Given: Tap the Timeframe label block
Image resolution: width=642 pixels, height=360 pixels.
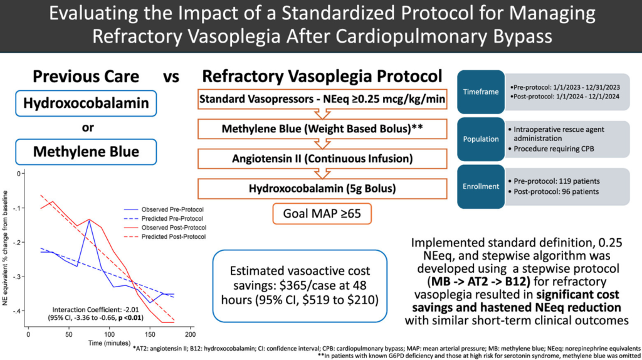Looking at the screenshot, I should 480,92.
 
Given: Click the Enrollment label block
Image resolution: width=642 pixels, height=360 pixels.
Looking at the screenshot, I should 480,186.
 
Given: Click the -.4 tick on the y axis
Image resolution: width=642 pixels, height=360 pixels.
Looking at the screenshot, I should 21,311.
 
